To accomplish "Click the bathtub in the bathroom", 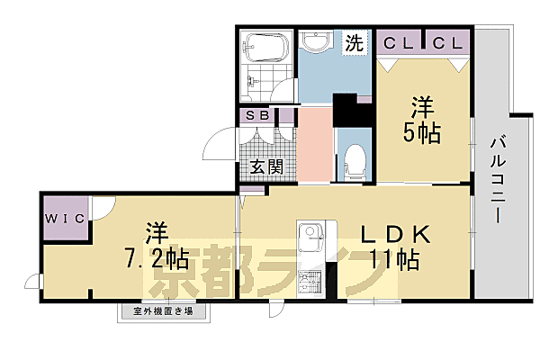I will click(267, 47).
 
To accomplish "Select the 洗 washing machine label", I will click(355, 41).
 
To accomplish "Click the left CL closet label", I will click(398, 42).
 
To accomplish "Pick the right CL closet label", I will click(446, 42).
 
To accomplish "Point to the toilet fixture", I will click(355, 159).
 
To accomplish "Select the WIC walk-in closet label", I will click(62, 218).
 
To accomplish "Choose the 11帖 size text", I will click(396, 262).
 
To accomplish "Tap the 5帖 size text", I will click(420, 133).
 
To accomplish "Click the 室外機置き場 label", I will click(164, 312).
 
